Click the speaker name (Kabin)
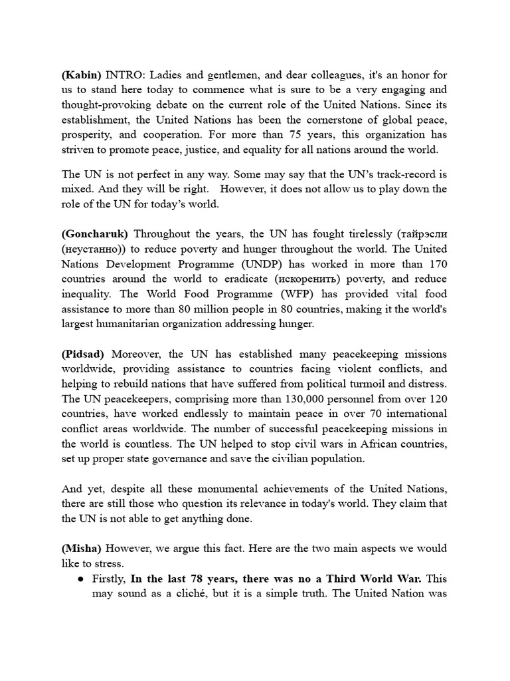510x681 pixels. point(82,75)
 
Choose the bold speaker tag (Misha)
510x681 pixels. point(82,549)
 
